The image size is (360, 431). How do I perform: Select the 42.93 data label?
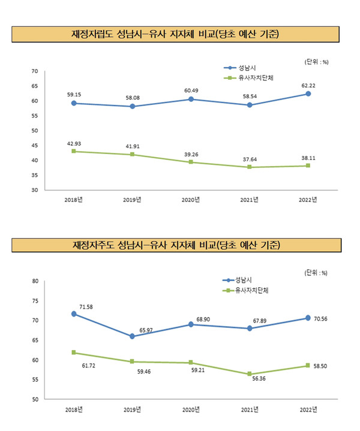(74, 143)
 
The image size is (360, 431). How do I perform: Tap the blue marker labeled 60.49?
(191, 99)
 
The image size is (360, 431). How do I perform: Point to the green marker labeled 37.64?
(250, 167)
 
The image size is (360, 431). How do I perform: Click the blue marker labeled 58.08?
(133, 106)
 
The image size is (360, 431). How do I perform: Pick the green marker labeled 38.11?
(308, 165)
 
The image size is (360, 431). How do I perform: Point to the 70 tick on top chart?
(35, 71)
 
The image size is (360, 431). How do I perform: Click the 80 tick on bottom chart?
(35, 281)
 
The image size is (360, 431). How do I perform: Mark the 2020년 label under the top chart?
(191, 200)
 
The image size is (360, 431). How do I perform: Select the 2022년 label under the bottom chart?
(308, 410)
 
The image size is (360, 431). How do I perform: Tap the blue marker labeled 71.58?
(74, 314)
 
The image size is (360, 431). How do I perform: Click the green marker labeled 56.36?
(250, 374)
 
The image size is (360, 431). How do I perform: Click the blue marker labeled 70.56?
(308, 318)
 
